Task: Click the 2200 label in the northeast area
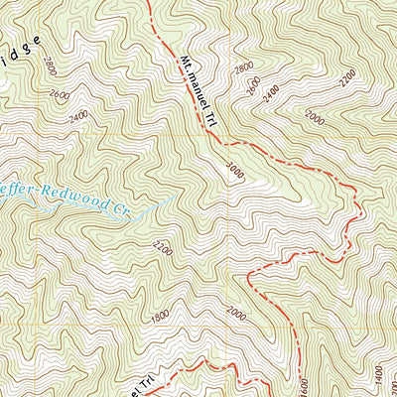345,75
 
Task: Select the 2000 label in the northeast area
316,118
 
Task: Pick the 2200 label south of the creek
163,249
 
